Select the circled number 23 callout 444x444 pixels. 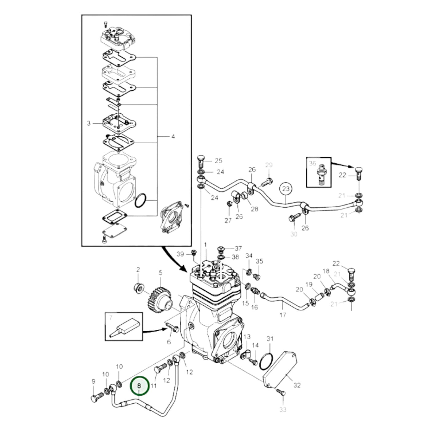click(286, 189)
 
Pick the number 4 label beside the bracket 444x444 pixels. click(173, 137)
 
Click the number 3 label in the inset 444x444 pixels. click(89, 123)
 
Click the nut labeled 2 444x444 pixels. click(139, 288)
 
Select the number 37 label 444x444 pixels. click(238, 248)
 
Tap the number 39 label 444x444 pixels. click(180, 254)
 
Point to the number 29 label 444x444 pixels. click(269, 165)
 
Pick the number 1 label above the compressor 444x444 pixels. click(206, 244)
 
